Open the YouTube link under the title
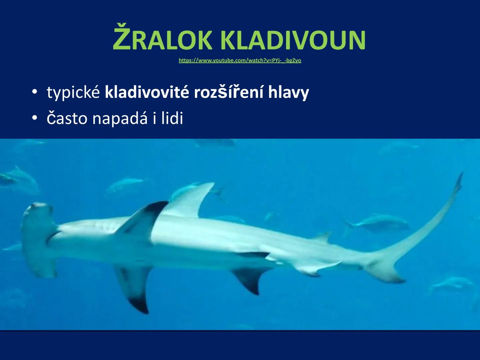coord(240,60)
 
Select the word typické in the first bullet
coord(73,92)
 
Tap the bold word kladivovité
coord(147,92)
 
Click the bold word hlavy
coord(289,93)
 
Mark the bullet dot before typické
coord(35,92)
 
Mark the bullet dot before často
coord(35,118)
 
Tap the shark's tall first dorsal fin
coord(190,200)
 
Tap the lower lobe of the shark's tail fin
coord(390,275)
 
